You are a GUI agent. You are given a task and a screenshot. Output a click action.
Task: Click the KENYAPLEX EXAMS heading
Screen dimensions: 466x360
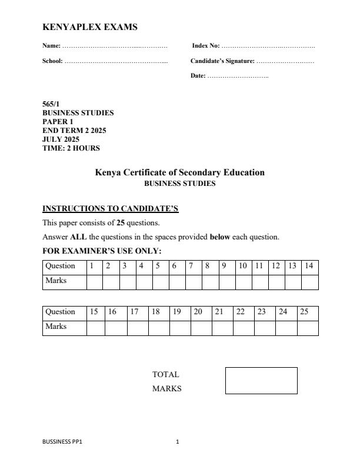point(90,27)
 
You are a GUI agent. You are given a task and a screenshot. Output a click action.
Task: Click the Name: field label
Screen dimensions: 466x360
point(51,45)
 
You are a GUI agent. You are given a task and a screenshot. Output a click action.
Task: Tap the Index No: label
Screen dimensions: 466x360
point(206,45)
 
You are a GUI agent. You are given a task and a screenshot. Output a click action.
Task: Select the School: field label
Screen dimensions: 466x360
point(52,61)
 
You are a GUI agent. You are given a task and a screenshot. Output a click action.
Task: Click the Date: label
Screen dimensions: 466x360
point(198,76)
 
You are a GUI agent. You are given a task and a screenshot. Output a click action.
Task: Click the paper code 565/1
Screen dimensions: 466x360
point(51,104)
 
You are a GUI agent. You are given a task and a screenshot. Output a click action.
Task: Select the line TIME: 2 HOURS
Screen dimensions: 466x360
point(71,148)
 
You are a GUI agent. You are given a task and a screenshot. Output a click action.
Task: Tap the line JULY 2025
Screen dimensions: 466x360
point(61,139)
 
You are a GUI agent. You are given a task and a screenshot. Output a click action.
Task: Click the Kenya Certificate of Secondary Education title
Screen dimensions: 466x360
point(179,172)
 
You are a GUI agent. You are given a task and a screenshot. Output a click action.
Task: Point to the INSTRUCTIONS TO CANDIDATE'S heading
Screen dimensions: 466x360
point(110,209)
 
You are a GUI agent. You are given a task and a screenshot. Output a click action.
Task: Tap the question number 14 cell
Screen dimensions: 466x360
point(309,266)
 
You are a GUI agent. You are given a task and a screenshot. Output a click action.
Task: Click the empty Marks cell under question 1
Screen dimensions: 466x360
point(95,281)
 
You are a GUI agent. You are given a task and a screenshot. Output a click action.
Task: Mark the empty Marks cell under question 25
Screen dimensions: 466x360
point(307,327)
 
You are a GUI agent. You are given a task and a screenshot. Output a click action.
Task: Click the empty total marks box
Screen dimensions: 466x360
point(261,381)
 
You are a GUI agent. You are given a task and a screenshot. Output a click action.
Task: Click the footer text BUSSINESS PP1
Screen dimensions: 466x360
point(62,442)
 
